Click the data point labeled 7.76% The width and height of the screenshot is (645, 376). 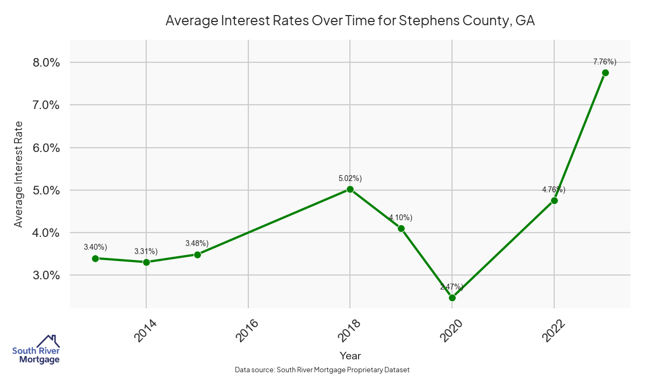pos(605,73)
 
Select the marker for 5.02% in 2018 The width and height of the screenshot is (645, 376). pos(350,189)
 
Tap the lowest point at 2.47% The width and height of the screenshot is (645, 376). pos(452,298)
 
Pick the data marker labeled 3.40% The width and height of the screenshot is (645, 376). pos(95,258)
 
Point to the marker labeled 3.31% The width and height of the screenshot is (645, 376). pos(146,262)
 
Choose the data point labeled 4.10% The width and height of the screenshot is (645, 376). pos(401,228)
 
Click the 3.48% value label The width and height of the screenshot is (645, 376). pos(197,243)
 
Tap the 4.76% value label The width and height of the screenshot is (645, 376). pos(554,190)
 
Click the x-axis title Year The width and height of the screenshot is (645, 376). pos(350,356)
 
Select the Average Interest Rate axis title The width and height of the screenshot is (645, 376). pos(19,174)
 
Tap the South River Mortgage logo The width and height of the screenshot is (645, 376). pos(36,350)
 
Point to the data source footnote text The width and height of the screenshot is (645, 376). pos(322,370)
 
